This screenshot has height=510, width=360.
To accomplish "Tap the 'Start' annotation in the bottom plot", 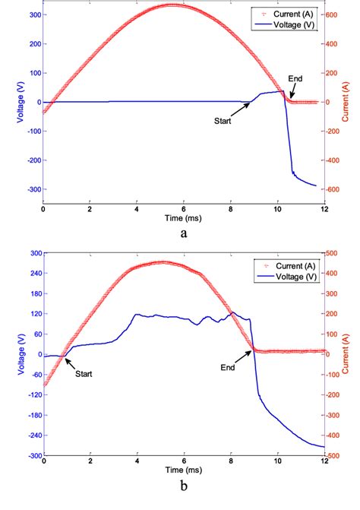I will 85,374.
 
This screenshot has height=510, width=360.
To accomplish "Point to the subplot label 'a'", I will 183,235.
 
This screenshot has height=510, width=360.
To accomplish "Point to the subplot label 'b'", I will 183,493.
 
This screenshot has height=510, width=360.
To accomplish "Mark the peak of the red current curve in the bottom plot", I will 163,262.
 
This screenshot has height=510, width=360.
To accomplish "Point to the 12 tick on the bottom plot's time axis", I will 324,462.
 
